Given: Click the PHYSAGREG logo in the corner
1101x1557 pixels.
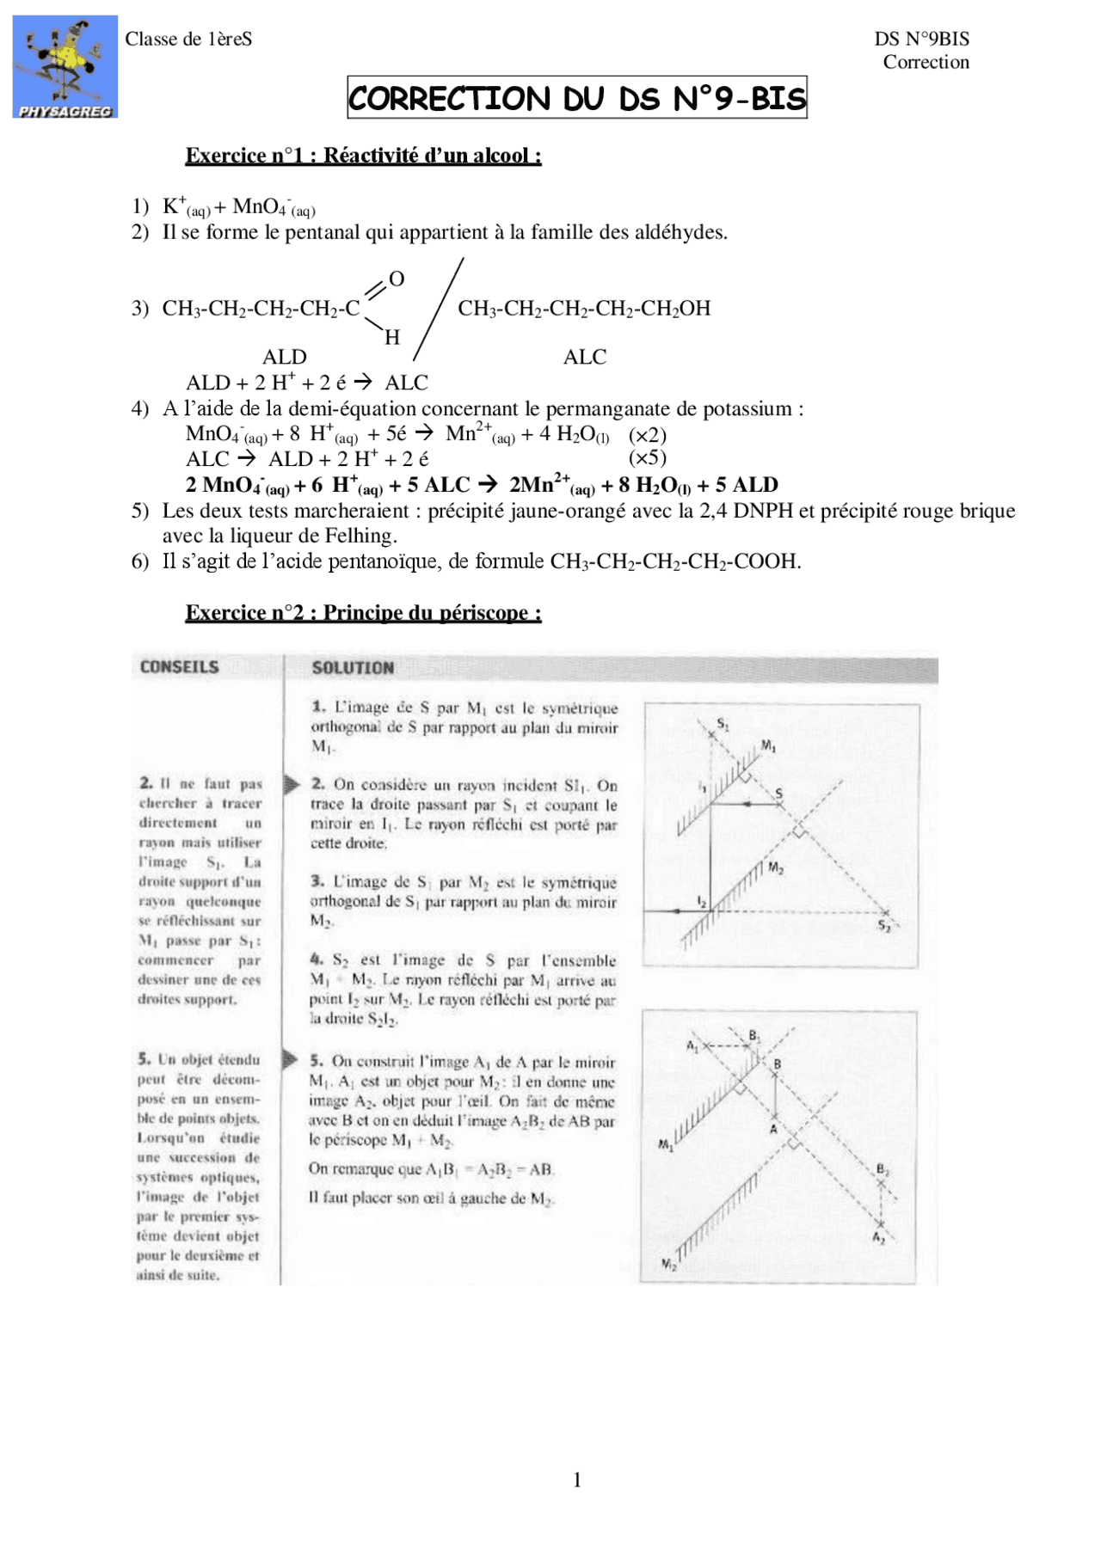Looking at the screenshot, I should click(65, 67).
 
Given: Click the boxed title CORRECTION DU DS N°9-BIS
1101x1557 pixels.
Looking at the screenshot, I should click(576, 98).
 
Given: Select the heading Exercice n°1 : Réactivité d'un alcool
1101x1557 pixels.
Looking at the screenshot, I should click(363, 156).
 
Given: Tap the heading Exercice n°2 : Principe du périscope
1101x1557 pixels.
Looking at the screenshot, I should click(363, 613).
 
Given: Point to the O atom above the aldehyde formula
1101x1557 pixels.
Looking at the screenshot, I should click(397, 279).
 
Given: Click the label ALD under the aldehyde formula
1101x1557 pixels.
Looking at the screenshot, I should click(284, 357).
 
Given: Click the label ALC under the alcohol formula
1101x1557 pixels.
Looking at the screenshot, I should click(584, 357).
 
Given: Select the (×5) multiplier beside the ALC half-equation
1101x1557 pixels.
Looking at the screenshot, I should click(647, 458).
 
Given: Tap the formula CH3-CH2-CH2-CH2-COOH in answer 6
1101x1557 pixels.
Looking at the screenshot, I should click(674, 561).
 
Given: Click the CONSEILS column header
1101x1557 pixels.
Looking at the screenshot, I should click(179, 667).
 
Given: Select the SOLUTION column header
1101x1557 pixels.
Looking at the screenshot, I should click(353, 668).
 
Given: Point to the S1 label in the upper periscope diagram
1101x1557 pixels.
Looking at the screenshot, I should click(723, 725).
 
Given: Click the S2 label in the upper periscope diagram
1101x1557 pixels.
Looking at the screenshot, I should click(883, 926).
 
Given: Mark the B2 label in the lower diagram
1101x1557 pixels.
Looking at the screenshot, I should click(883, 1170).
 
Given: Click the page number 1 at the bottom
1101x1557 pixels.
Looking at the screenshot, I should click(576, 1480).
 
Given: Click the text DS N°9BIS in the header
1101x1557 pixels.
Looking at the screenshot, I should click(921, 40).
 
